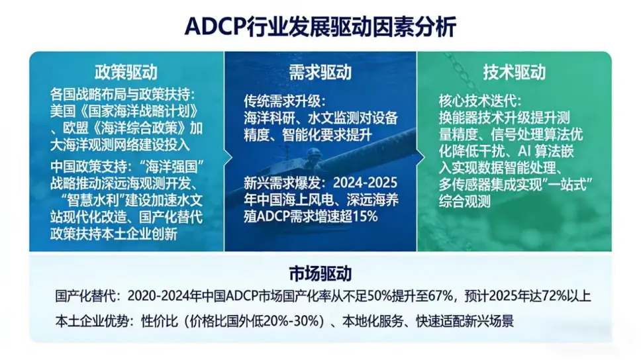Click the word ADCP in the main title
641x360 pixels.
[x=215, y=27]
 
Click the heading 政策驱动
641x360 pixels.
[x=126, y=72]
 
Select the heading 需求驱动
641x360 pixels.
[x=320, y=72]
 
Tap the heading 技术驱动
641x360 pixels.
[x=515, y=72]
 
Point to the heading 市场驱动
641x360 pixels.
[x=320, y=273]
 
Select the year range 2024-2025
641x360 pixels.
[x=365, y=183]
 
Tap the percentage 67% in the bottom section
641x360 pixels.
[x=440, y=296]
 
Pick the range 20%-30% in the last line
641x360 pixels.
[x=291, y=321]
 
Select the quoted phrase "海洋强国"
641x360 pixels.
[x=172, y=167]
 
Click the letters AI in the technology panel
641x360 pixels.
[x=524, y=152]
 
